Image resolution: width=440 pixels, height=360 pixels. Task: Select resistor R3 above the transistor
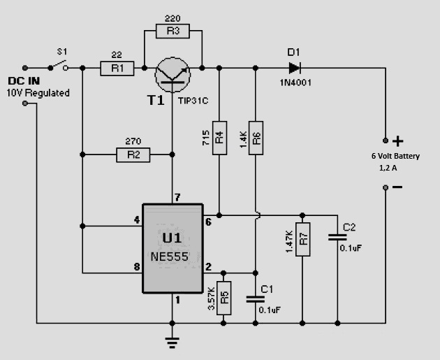coord(173,31)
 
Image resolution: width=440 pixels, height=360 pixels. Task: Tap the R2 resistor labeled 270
coord(133,154)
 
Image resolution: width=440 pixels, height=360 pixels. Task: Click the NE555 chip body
coord(173,249)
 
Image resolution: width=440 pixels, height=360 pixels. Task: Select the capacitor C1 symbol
coord(256,298)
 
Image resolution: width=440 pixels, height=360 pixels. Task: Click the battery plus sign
coord(399,140)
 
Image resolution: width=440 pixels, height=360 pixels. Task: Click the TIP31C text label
coord(193,101)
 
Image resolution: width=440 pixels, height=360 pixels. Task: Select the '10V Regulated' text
coord(38,93)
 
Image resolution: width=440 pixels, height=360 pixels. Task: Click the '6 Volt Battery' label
coord(395,157)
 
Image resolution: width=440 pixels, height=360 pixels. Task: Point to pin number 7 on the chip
coord(177,198)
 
